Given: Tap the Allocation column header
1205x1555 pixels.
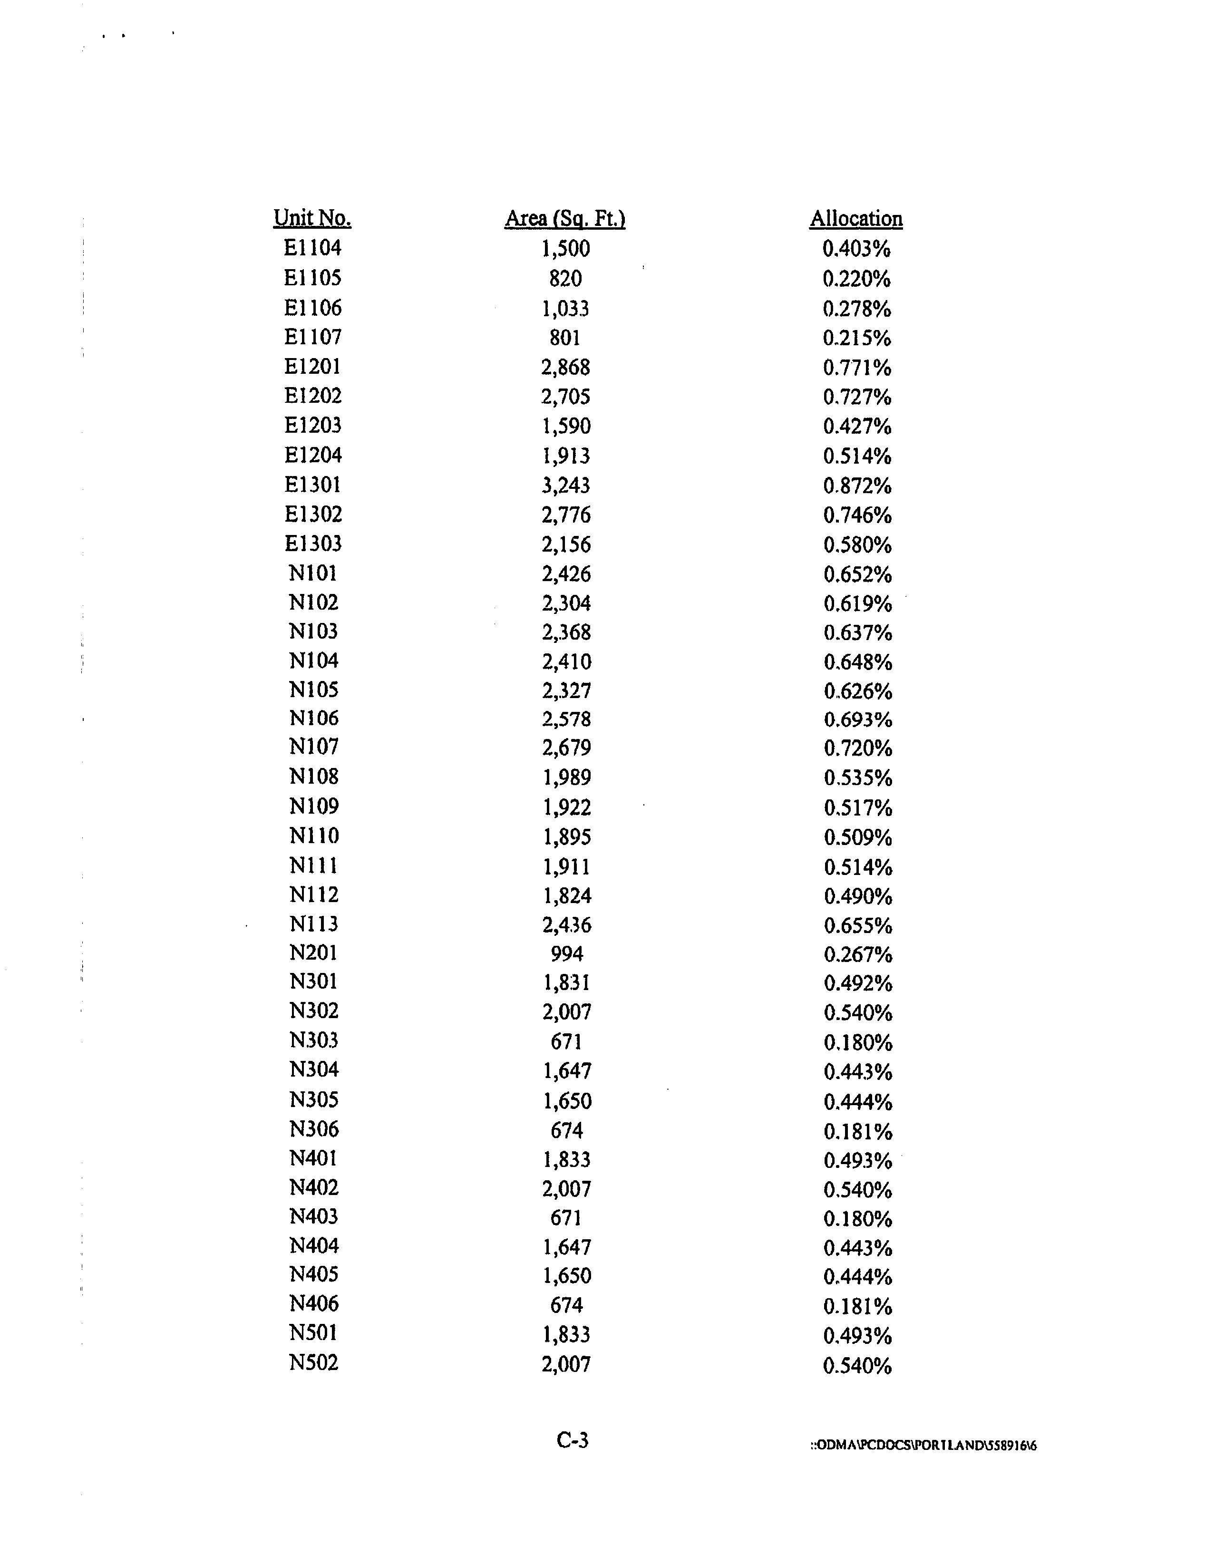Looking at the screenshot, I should (x=856, y=219).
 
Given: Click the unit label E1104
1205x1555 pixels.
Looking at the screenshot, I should (x=312, y=248).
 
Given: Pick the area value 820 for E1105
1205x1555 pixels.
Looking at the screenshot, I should (x=565, y=278).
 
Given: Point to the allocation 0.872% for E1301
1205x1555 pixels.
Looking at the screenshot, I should (x=857, y=486).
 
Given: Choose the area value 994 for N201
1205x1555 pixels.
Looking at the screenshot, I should (x=567, y=953).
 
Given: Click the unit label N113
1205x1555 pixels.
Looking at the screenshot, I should (x=314, y=923).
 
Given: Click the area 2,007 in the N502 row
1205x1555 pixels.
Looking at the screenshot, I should (x=566, y=1364).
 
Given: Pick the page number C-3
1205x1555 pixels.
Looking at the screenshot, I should (x=573, y=1440).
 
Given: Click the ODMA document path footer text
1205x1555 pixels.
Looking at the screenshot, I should (x=923, y=1445).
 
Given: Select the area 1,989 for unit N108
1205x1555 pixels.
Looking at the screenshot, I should (x=567, y=777).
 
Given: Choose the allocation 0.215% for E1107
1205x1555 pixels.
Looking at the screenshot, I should (x=857, y=338).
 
